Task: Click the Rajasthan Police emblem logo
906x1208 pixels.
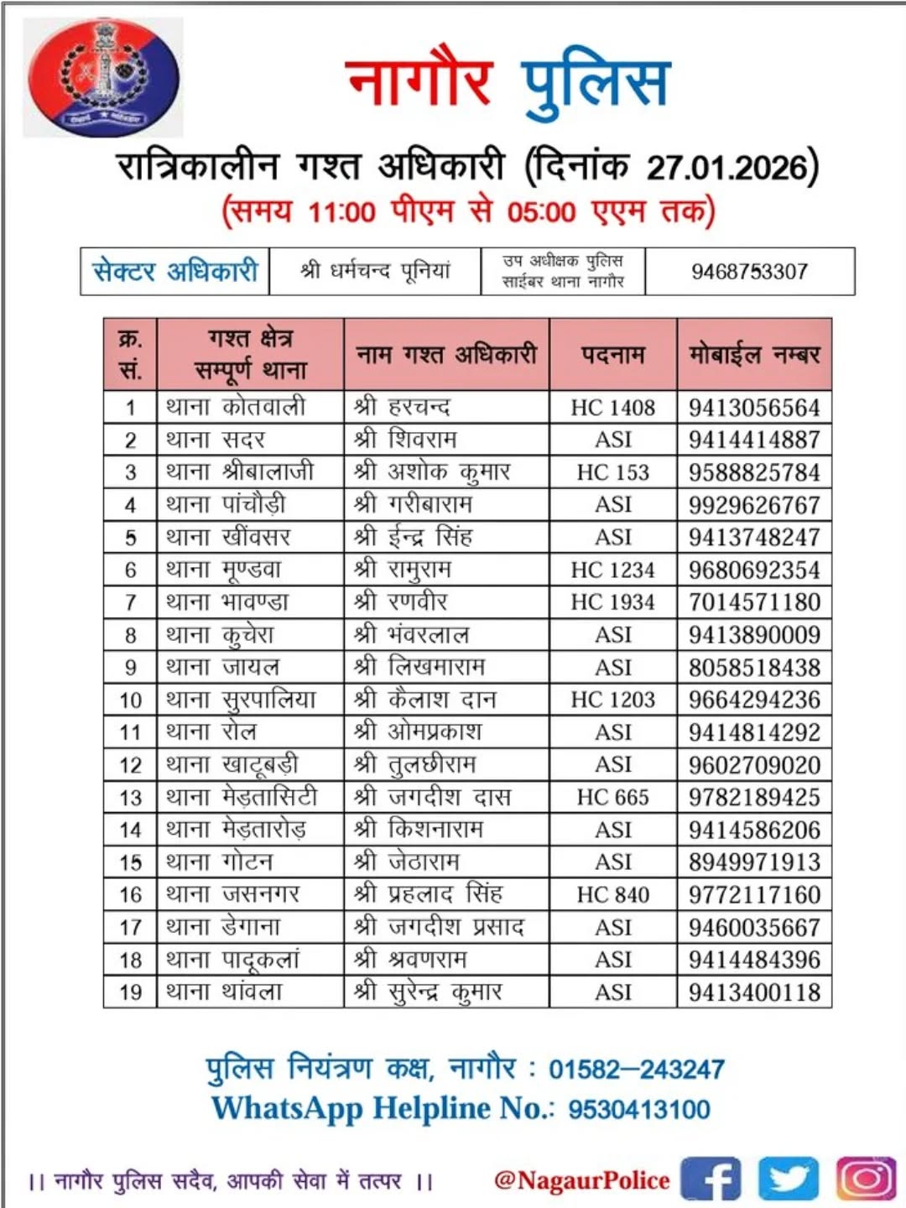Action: (x=103, y=78)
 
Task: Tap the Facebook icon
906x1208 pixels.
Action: (x=711, y=1179)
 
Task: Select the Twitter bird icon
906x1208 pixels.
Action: (x=788, y=1179)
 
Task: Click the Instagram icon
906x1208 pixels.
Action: (x=865, y=1179)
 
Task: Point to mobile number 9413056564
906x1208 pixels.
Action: (x=754, y=408)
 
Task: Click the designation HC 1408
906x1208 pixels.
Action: (x=612, y=408)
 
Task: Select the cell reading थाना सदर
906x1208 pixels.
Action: (x=216, y=440)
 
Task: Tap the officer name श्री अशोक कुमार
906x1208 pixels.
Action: (x=432, y=472)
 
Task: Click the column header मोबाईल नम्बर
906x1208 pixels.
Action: (x=754, y=354)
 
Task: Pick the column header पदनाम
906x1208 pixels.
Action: (x=612, y=354)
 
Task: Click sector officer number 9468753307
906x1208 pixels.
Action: (x=749, y=272)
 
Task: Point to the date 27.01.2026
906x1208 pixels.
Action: (x=726, y=167)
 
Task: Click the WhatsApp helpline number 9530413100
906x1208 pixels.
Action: (x=639, y=1109)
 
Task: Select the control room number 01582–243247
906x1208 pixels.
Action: (x=637, y=1070)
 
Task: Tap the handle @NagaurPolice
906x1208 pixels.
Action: (x=582, y=1180)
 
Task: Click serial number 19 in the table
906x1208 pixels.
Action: (x=130, y=992)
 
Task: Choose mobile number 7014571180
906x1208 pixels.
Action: (x=754, y=602)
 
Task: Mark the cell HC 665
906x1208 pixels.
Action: (x=612, y=797)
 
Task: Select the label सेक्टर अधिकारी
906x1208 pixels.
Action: (x=174, y=272)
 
